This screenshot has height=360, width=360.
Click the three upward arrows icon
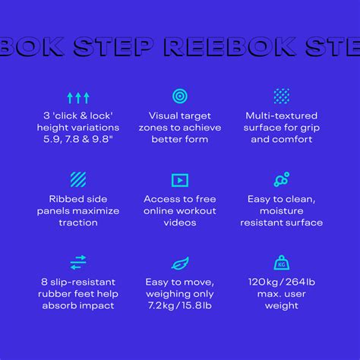[78, 97]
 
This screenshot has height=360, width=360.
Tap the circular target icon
[180, 96]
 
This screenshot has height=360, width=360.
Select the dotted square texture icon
[281, 96]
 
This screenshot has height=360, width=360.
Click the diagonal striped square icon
[78, 180]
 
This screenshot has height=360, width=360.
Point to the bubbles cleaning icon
[281, 180]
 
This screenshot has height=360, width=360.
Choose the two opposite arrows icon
[78, 263]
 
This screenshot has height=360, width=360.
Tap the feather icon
[180, 263]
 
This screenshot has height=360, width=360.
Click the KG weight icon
[281, 263]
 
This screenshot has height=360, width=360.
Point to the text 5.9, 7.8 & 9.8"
[78, 140]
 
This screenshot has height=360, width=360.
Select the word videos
[180, 223]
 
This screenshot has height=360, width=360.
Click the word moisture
[281, 210]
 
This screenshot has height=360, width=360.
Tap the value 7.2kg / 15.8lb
[180, 306]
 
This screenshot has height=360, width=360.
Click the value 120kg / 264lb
[281, 282]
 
